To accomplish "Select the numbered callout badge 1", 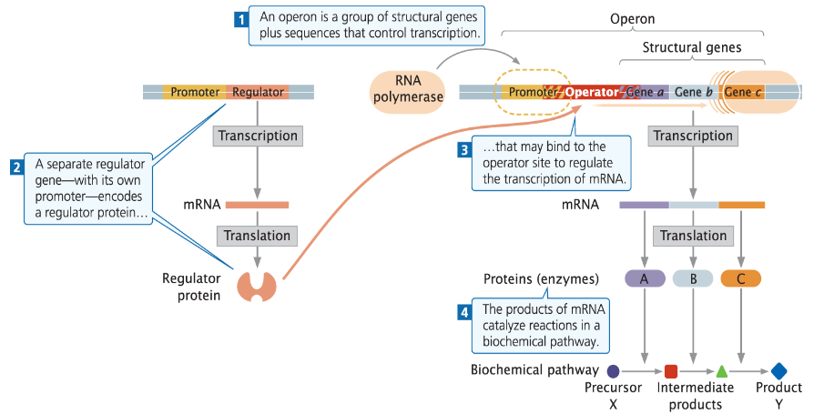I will pyautogui.click(x=241, y=18).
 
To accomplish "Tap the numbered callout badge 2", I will pyautogui.click(x=16, y=167).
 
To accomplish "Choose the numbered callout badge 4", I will pyautogui.click(x=464, y=311).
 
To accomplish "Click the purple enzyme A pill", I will pyautogui.click(x=645, y=278).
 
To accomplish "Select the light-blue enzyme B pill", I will pyautogui.click(x=693, y=278).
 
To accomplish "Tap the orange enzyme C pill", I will pyautogui.click(x=740, y=278).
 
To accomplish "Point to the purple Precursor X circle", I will pyautogui.click(x=613, y=371).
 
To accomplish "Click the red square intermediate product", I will pyautogui.click(x=671, y=371).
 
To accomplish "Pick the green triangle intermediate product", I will pyautogui.click(x=721, y=371).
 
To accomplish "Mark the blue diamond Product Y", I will pyautogui.click(x=779, y=371).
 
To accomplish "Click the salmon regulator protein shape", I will pyautogui.click(x=257, y=285).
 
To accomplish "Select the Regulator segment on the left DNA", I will pyautogui.click(x=258, y=92).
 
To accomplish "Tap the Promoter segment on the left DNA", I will pyautogui.click(x=195, y=92).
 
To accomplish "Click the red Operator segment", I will pyautogui.click(x=591, y=92).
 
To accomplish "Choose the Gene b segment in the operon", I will pyautogui.click(x=693, y=92).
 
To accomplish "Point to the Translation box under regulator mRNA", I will pyautogui.click(x=258, y=236).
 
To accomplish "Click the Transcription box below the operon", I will pyautogui.click(x=693, y=136).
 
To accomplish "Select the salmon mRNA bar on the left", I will pyautogui.click(x=257, y=205).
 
